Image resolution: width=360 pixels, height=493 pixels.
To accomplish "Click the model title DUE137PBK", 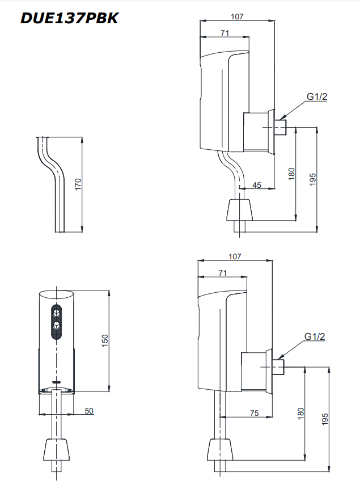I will coord(69,18).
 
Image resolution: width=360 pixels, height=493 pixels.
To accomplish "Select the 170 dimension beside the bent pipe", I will coord(78,184).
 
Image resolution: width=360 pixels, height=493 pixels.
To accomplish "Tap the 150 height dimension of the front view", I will coord(104,340).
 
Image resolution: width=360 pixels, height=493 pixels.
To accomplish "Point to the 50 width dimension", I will coord(89,411).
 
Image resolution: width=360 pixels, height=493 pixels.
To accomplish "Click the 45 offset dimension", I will coord(256,184).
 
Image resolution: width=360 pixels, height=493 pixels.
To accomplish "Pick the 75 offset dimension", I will coord(254,413).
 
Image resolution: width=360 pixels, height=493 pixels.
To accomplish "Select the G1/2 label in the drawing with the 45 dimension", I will coord(317,96).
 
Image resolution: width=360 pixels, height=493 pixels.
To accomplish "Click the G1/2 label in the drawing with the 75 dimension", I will coord(315,336).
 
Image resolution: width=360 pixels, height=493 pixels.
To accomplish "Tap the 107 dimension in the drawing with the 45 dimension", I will coord(237,16).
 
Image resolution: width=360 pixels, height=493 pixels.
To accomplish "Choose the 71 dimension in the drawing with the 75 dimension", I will coord(222,273).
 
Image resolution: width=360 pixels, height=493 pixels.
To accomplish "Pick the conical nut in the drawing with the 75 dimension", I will coord(219,449).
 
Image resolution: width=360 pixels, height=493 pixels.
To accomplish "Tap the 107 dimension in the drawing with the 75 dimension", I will coord(235,256).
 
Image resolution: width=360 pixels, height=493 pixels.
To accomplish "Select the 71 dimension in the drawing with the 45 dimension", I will coord(225,33).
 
